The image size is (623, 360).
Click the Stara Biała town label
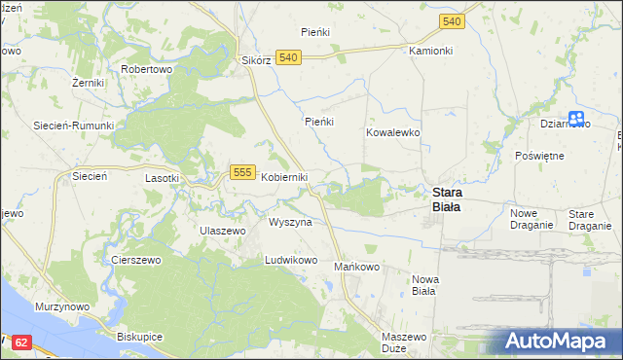[447, 198]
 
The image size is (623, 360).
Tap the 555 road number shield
[243, 172]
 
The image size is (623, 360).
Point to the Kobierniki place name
[284, 177]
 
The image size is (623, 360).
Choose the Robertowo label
[146, 70]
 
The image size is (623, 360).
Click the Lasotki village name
[162, 179]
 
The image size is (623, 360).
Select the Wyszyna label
[290, 223]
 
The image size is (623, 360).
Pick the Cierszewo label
[135, 261]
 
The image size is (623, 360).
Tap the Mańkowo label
[356, 267]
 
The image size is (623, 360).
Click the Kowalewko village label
[392, 131]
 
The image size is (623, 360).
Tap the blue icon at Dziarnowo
[576, 118]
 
